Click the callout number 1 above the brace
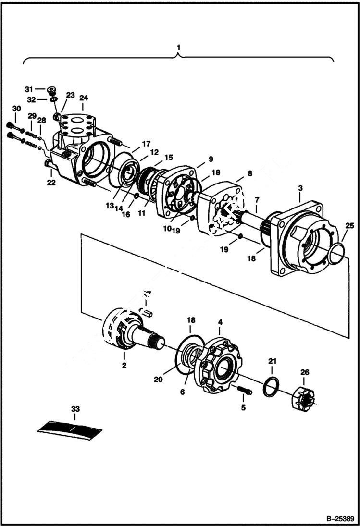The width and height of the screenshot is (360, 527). (179, 48)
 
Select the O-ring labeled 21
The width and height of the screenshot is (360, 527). (272, 387)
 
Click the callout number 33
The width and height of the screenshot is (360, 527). (75, 409)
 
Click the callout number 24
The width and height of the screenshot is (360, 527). (84, 98)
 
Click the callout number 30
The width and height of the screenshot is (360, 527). (16, 109)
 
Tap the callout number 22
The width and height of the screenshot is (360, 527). (51, 182)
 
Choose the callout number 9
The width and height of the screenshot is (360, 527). (211, 159)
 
